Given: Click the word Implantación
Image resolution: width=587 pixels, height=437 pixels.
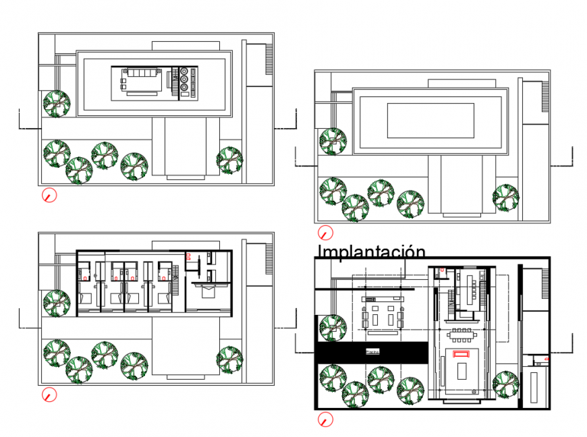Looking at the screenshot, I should [371, 252].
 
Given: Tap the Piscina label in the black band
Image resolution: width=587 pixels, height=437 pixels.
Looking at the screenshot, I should [372, 351].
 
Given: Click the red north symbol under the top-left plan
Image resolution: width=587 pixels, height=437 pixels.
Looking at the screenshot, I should [49, 195].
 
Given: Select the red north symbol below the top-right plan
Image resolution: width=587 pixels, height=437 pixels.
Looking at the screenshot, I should [326, 233].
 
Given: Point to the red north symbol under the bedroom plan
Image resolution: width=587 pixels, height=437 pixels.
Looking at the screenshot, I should [49, 395].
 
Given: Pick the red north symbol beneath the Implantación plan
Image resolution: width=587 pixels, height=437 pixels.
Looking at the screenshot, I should [326, 419].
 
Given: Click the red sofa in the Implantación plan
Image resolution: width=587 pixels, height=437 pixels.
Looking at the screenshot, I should [462, 353].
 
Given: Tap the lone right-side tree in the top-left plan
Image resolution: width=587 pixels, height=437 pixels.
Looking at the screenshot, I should [230, 159].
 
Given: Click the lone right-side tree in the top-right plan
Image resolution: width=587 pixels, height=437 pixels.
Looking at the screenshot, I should [506, 197].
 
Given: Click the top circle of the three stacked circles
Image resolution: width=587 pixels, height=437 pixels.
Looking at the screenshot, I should [184, 69].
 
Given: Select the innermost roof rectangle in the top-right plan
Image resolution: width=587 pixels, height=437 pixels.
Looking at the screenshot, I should [430, 120].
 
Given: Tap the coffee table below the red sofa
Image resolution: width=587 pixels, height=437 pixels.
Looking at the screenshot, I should [462, 372].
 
